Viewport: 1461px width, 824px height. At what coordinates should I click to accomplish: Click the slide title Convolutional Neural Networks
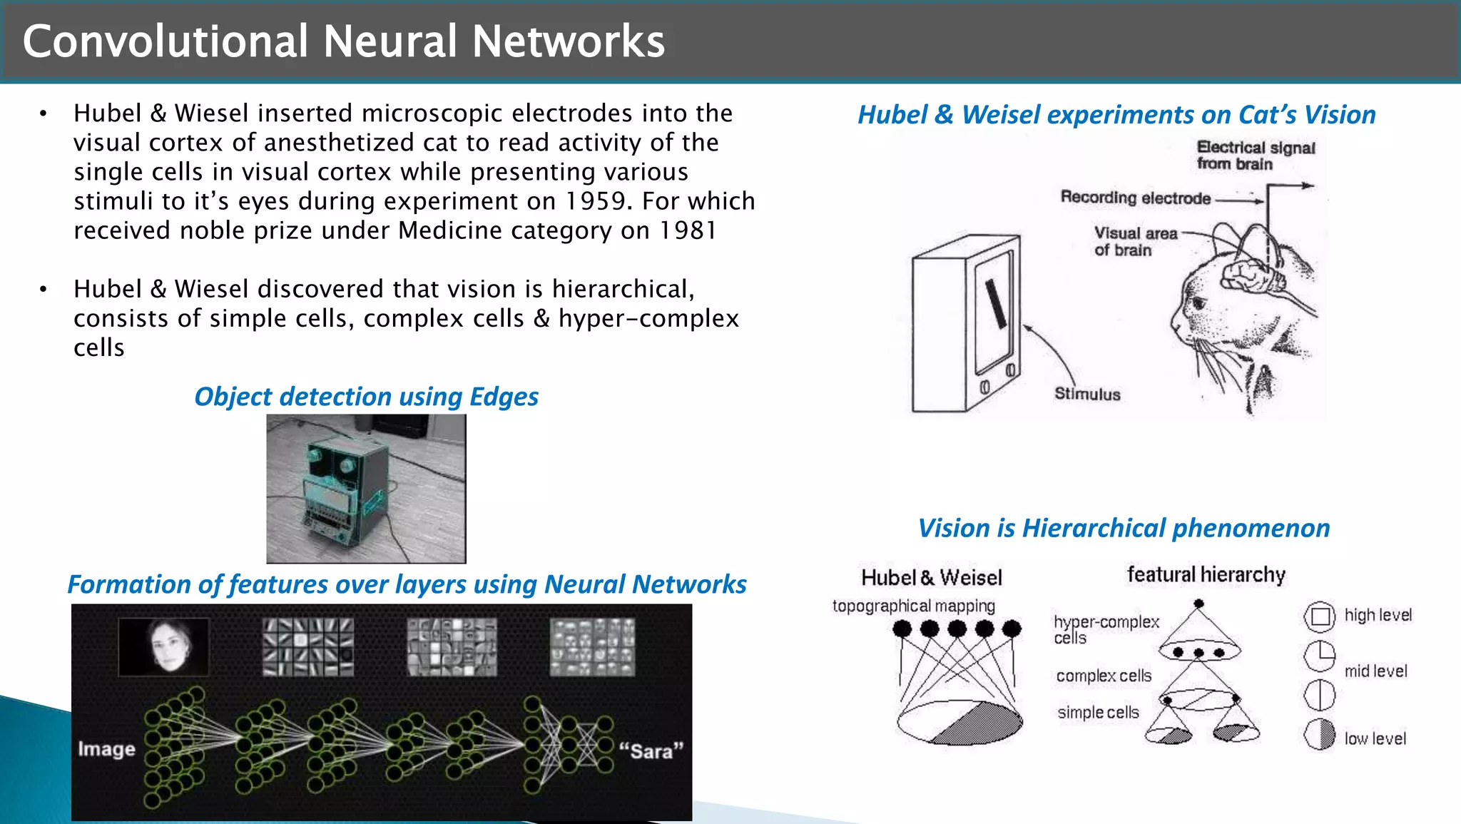(343, 41)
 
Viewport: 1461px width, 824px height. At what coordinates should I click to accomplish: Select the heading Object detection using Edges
(366, 397)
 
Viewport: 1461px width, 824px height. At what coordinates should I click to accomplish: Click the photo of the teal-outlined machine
(366, 489)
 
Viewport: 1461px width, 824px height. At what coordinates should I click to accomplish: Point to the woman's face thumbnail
(164, 646)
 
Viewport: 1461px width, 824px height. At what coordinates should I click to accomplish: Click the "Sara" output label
(651, 751)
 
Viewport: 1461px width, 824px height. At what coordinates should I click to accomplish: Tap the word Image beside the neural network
(106, 749)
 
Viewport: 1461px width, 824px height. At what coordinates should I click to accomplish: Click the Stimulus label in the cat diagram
(1087, 394)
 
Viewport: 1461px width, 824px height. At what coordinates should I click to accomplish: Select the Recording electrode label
(1135, 198)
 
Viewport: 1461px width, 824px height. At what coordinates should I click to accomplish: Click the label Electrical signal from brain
(1255, 156)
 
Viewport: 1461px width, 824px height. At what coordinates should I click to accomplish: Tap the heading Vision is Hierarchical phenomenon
(1124, 529)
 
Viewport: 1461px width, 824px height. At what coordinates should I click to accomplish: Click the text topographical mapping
(913, 606)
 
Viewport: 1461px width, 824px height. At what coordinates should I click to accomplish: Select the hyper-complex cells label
(1105, 629)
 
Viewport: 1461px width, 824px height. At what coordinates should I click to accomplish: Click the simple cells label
(1098, 713)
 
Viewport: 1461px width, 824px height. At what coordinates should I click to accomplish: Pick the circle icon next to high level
(1319, 616)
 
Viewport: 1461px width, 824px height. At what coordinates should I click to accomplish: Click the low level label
(1375, 739)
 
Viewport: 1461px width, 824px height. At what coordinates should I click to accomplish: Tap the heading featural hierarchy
(1206, 575)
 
